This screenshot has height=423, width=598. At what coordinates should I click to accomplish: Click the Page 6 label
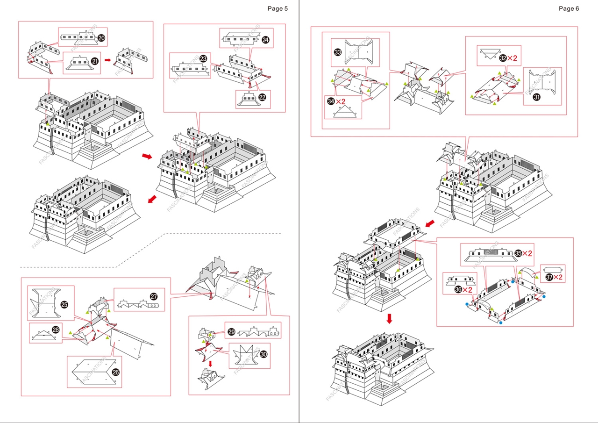[569, 8]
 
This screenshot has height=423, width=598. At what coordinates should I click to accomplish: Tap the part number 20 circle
[102, 37]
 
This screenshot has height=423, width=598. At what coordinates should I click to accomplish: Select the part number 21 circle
[95, 61]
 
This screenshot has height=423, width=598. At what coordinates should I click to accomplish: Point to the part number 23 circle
[203, 59]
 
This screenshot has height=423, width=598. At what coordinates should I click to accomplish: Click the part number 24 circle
[265, 40]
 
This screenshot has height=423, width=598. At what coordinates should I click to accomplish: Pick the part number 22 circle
[262, 97]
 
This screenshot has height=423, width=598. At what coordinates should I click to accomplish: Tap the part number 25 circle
[64, 305]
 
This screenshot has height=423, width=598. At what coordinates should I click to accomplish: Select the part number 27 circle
[153, 296]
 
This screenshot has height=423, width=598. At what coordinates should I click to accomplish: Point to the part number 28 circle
[56, 330]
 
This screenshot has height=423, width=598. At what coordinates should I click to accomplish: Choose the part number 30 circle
[263, 354]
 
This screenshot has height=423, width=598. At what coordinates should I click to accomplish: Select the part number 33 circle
[338, 52]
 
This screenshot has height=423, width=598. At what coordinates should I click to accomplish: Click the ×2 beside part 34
[340, 101]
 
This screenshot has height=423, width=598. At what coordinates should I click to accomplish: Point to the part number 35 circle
[518, 253]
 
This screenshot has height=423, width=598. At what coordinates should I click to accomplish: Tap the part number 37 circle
[549, 277]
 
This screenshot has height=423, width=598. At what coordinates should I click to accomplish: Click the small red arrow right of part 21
[107, 60]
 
